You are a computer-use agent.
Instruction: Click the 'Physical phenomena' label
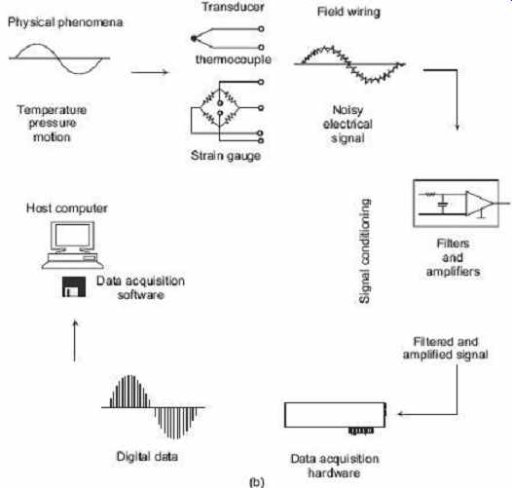[x=65, y=22]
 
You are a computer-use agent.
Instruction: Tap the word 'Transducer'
[x=234, y=7]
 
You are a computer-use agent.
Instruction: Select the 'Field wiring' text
[x=348, y=12]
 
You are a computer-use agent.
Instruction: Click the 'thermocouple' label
[x=234, y=59]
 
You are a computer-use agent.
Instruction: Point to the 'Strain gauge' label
[x=226, y=156]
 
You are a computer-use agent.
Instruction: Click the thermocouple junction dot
[x=194, y=38]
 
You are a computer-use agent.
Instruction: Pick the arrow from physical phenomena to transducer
[x=150, y=72]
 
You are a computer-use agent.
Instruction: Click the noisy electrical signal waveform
[x=349, y=64]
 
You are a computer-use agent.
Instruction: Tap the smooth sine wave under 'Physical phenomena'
[x=59, y=58]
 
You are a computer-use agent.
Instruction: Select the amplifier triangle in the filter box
[x=478, y=204]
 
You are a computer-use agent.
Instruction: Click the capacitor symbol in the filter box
[x=443, y=205]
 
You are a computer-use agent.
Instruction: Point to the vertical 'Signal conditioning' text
[x=364, y=251]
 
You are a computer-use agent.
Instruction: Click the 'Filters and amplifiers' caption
[x=453, y=257]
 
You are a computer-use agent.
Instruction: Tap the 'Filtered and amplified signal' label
[x=446, y=348]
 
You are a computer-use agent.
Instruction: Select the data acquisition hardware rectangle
[x=335, y=415]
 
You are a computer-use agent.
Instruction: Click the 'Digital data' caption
[x=147, y=456]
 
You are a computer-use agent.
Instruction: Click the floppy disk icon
[x=74, y=286]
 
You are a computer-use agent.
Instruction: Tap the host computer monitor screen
[x=72, y=235]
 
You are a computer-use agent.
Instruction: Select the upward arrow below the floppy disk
[x=75, y=341]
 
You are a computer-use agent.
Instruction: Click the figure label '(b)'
[x=257, y=482]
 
